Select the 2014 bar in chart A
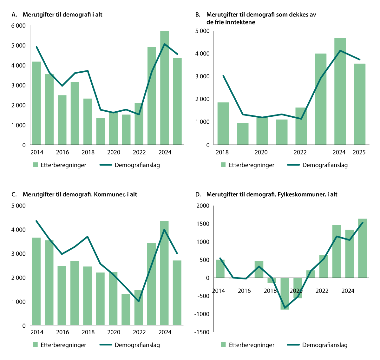click(36, 103)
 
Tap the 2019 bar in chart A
click(101, 131)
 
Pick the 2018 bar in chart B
click(223, 123)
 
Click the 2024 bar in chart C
click(164, 273)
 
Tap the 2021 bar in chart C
click(126, 309)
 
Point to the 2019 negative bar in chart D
click(285, 293)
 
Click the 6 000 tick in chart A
click(18, 26)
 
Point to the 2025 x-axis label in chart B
click(359, 152)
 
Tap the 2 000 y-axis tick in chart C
click(18, 278)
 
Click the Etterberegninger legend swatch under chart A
click(35, 165)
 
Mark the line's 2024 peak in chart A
click(164, 44)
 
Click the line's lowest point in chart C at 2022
click(139, 301)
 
